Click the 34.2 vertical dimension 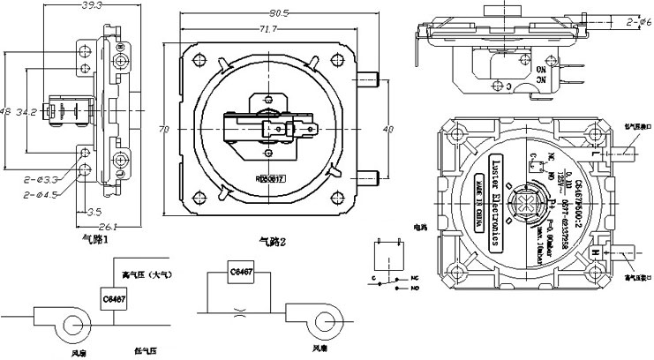(26, 112)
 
